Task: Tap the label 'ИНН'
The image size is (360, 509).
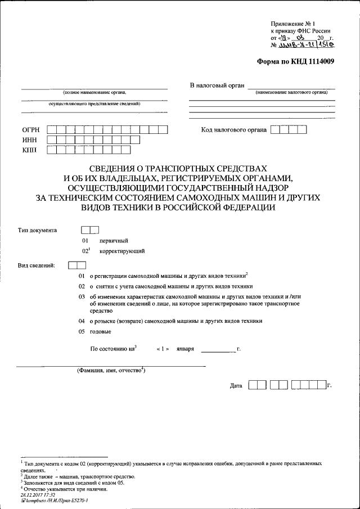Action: (x=30, y=139)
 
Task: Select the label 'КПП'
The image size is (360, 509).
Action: (x=30, y=150)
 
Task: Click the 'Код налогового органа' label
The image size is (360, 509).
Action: (x=233, y=130)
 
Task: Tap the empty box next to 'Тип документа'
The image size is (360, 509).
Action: (x=90, y=229)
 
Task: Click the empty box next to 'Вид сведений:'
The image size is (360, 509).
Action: (x=76, y=265)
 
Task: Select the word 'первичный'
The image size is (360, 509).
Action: (x=114, y=241)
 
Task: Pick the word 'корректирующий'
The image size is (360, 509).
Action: (x=123, y=251)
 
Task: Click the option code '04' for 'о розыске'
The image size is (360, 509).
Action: (x=82, y=321)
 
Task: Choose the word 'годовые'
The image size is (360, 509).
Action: (x=100, y=332)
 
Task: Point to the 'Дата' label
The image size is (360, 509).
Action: (x=236, y=386)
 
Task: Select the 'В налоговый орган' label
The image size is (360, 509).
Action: (x=217, y=85)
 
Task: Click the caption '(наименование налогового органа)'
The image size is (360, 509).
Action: (x=291, y=92)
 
